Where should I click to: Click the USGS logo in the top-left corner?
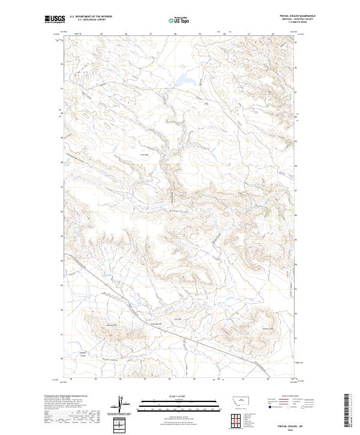pyautogui.click(x=55, y=20)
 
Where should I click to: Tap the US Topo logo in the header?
pyautogui.click(x=179, y=20)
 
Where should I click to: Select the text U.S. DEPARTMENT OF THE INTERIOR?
pyautogui.click(x=91, y=16)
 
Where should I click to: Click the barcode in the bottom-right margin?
pyautogui.click(x=346, y=409)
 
